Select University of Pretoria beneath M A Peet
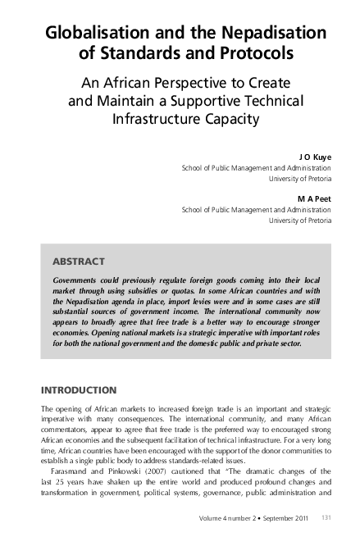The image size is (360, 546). tap(300, 220)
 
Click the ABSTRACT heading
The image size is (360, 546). tap(78, 262)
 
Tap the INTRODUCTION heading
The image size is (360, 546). tap(79, 389)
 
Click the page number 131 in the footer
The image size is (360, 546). tap(326, 517)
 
